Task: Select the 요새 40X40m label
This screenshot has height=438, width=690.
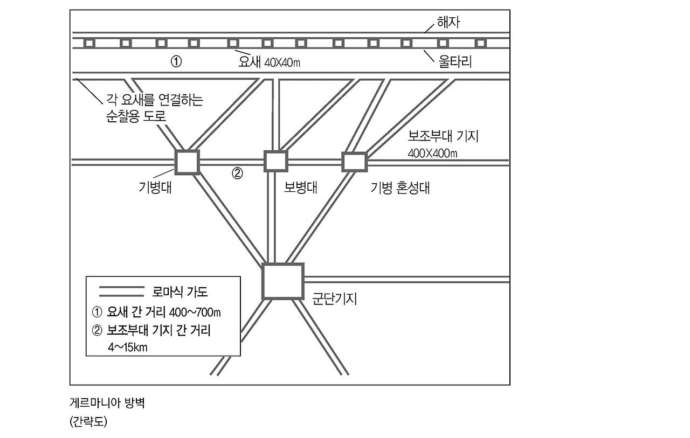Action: coord(269,62)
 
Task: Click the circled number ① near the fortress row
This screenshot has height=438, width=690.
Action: coord(176,61)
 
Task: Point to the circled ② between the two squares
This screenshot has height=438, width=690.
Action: coord(237,173)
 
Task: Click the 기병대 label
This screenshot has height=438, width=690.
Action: coord(155,187)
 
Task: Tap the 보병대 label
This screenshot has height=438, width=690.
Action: coord(300,187)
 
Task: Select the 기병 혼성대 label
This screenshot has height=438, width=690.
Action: coord(400,188)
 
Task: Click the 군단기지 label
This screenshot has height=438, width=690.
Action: coord(335,298)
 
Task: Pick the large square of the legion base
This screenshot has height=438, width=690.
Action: coord(282,281)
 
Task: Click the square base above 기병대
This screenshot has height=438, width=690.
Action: coord(187,162)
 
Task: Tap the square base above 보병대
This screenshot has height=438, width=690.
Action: coord(275,161)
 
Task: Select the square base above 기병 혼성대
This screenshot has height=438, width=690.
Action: coord(354,162)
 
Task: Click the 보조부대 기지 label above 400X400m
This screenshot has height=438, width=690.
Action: coord(443,136)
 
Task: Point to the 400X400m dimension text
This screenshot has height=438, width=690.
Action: coord(433,153)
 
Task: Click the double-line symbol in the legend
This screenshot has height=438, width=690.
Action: coord(122,291)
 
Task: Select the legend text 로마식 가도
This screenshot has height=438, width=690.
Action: coord(181,292)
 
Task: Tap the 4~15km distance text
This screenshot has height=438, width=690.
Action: coord(128,347)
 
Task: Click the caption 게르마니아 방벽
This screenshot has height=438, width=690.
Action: coord(107,403)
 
